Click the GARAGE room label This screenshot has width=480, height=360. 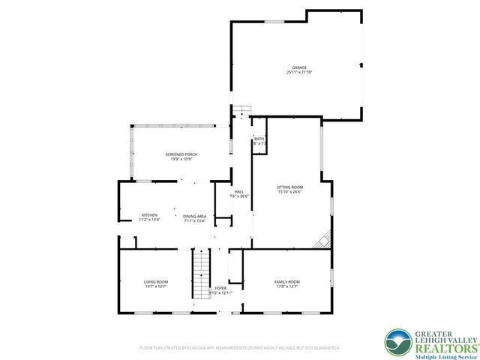[299, 67]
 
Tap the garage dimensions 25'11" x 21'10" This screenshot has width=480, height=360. [299, 73]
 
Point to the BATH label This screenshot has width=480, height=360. [259, 139]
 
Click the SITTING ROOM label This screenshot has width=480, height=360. [290, 187]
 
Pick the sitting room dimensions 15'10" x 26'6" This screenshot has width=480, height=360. [290, 192]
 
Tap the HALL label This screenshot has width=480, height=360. [239, 191]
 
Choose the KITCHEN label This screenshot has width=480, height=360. [150, 215]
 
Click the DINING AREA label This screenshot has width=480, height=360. [195, 215]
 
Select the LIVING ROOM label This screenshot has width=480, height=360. [156, 281]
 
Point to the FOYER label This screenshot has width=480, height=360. [220, 287]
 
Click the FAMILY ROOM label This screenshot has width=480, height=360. [286, 281]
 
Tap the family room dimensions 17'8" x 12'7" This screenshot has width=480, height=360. [286, 286]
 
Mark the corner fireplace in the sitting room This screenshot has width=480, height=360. [323, 241]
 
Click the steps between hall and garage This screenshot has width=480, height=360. [240, 112]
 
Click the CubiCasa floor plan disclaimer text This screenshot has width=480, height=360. [240, 348]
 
